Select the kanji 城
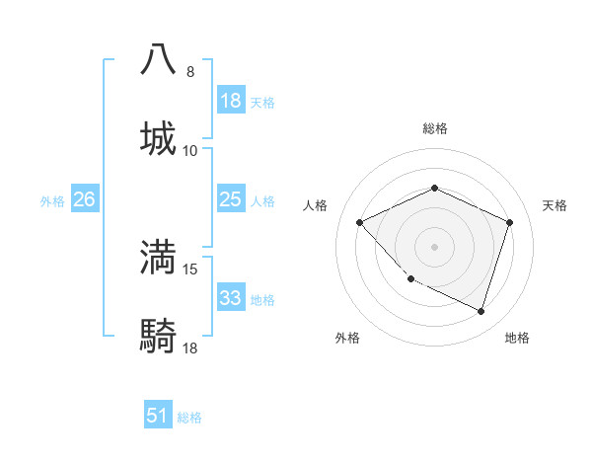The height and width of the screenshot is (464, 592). [159, 138]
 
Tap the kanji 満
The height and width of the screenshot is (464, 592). [159, 257]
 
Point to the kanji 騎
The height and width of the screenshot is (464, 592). [159, 336]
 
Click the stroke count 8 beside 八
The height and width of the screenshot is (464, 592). [190, 72]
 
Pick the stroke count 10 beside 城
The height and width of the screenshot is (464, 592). [190, 151]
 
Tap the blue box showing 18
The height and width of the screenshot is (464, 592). [231, 101]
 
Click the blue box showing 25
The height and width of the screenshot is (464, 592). [231, 199]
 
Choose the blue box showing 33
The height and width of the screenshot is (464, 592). [231, 298]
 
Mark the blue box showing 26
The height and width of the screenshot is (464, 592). [84, 199]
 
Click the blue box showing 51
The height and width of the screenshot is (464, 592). [158, 416]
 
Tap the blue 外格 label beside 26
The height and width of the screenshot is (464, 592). [52, 200]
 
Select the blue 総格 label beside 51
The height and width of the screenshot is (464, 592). [189, 418]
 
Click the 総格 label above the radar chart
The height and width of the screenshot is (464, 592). [434, 128]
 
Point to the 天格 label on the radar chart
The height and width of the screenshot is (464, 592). [555, 205]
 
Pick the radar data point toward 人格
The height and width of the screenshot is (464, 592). [360, 223]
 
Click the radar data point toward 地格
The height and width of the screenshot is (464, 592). [481, 311]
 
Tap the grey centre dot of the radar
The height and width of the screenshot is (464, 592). [434, 247]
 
